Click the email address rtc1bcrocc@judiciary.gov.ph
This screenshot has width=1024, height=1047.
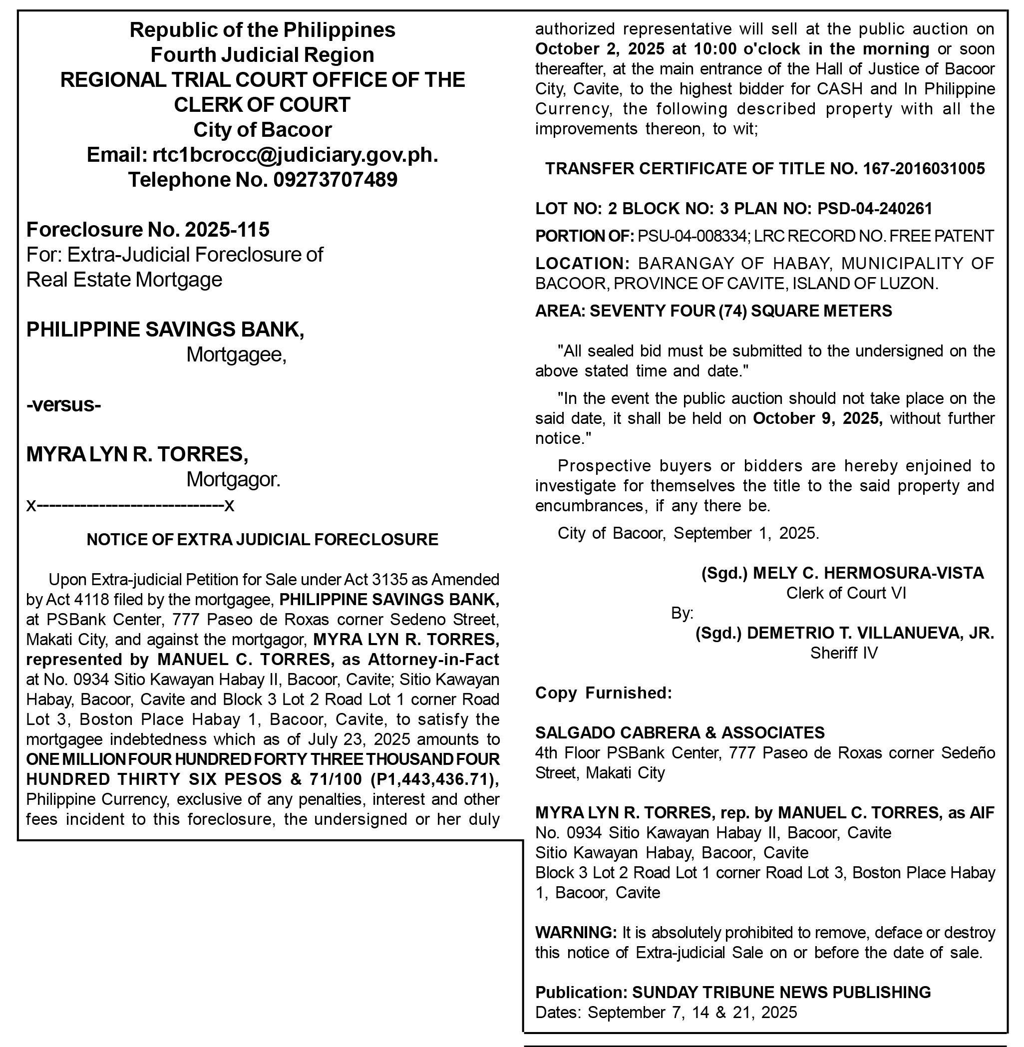pos(295,155)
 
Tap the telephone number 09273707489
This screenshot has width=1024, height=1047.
pos(335,180)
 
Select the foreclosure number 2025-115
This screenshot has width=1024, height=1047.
pos(227,230)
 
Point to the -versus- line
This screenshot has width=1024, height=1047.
pos(63,404)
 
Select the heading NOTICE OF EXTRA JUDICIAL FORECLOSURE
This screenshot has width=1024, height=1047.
pos(263,539)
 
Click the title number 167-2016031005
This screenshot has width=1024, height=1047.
pos(924,169)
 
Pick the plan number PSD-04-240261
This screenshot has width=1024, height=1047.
pos(875,209)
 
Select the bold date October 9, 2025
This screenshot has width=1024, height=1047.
pos(817,418)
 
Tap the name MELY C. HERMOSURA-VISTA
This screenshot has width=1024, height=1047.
pos(868,573)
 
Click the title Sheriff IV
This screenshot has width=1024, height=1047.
pos(844,653)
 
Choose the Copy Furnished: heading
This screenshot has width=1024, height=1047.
pos(604,693)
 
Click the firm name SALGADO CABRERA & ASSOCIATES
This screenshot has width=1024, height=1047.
pos(680,732)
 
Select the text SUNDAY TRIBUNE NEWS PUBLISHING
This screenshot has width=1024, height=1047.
pos(781,992)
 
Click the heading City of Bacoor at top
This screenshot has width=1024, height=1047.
pos(263,130)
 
